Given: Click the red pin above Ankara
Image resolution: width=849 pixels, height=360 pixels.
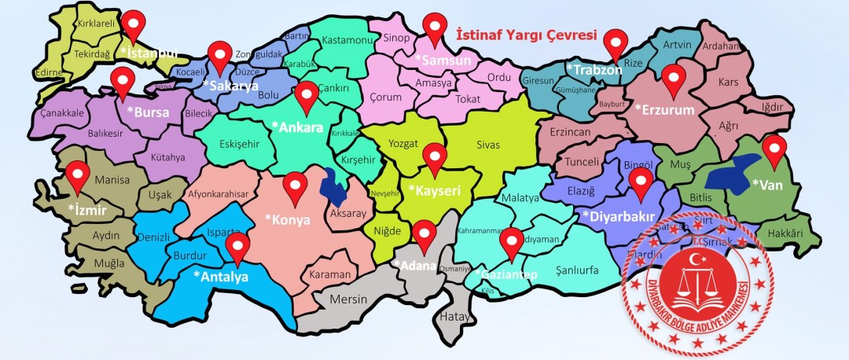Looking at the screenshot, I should click(307, 94).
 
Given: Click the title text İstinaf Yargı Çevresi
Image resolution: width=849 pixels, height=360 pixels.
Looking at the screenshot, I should click(527, 35).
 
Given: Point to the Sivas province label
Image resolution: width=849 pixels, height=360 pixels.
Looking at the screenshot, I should click(487, 145).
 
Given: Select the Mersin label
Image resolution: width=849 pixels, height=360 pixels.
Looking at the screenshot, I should click(348, 299).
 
